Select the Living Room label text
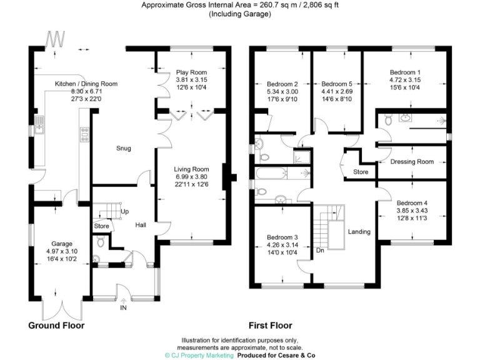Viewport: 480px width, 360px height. pyautogui.click(x=191, y=169)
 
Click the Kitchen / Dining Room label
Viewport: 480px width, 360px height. pyautogui.click(x=86, y=84)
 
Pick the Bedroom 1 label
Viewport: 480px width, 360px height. pyautogui.click(x=405, y=72)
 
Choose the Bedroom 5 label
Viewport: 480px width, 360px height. pyautogui.click(x=337, y=84)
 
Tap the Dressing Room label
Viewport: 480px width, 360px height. pyautogui.click(x=412, y=162)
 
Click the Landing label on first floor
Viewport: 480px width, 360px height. pyautogui.click(x=359, y=232)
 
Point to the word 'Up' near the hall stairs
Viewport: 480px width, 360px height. pyautogui.click(x=124, y=212)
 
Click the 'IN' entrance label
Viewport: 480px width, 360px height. pyautogui.click(x=122, y=307)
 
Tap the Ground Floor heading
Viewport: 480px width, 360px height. pyautogui.click(x=56, y=326)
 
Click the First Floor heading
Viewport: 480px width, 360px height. pyautogui.click(x=270, y=326)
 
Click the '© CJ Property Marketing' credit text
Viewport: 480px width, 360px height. pyautogui.click(x=199, y=354)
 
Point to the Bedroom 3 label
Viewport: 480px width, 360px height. pyautogui.click(x=282, y=237)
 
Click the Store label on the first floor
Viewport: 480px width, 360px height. pyautogui.click(x=361, y=171)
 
